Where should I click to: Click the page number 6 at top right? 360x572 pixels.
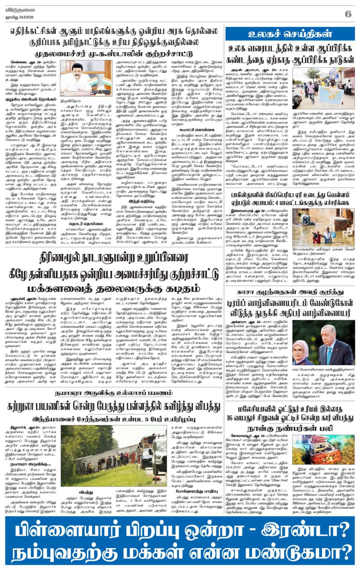348,13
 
